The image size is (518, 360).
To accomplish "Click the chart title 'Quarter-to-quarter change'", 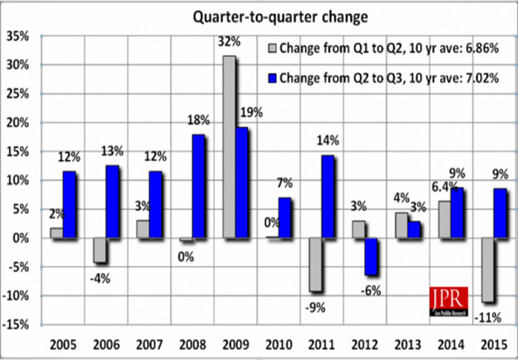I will (x=280, y=17).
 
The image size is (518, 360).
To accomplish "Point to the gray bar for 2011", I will (x=315, y=265).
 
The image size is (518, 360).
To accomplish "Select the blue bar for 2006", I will (x=112, y=202).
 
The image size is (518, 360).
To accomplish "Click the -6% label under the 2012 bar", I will (x=370, y=291).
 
